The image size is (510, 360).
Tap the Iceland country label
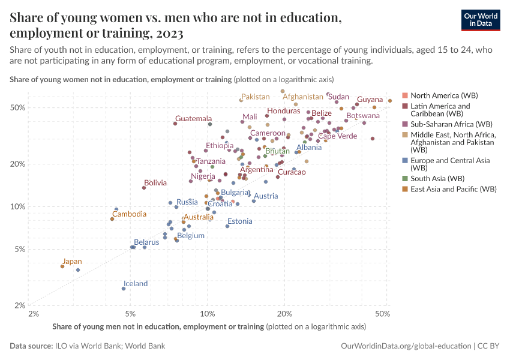(136, 284)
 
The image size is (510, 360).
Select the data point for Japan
(62, 266)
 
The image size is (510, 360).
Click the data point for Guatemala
(175, 124)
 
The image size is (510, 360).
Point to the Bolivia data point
(144, 188)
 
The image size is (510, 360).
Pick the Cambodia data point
(112, 219)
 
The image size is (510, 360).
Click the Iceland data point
(124, 289)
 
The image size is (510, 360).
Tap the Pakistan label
(256, 97)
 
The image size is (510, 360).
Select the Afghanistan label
(302, 97)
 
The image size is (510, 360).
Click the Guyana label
(370, 100)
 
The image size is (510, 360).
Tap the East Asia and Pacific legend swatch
(405, 189)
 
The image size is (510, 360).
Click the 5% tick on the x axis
(130, 313)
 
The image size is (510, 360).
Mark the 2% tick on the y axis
(18, 305)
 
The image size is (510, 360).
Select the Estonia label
(239, 221)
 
